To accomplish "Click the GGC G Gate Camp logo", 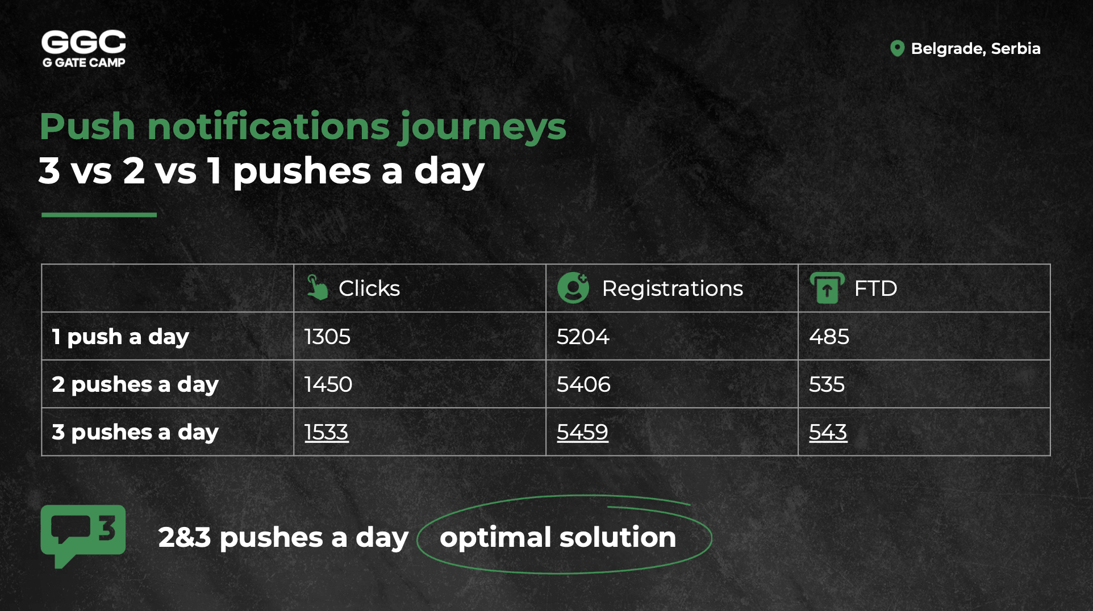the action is tap(84, 49).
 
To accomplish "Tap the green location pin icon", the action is tap(897, 48).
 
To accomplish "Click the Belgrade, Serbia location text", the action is tap(975, 49).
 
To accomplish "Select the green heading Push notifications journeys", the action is tap(303, 127).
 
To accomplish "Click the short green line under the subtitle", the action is tap(99, 215).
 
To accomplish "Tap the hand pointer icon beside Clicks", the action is tap(317, 287).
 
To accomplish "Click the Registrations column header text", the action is tap(672, 288).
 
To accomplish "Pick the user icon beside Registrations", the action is tap(573, 287).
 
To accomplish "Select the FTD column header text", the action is tap(875, 288).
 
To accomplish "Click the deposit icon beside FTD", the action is tap(827, 287).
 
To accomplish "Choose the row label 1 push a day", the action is tap(120, 337).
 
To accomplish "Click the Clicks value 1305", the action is tap(327, 337).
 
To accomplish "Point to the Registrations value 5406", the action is tap(583, 384).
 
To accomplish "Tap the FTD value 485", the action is tap(829, 337).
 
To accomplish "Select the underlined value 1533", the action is tap(326, 432).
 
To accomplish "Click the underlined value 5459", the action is tap(582, 432).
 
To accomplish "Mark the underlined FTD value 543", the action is tap(828, 432).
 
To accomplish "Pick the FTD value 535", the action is tap(827, 384).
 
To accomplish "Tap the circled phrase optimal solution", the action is tap(558, 537).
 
